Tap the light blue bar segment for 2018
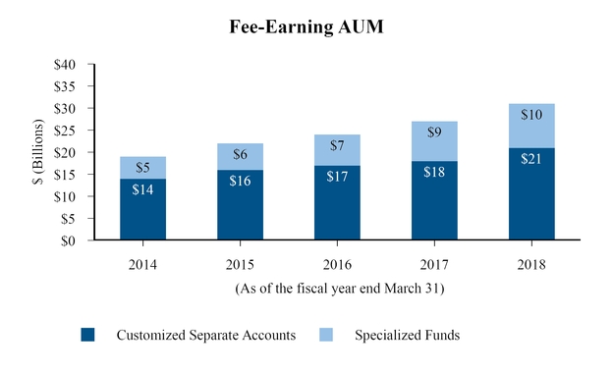tap(531, 126)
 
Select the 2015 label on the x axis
tap(240, 265)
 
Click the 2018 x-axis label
tap(531, 265)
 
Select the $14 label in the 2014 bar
tap(142, 189)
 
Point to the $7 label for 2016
tap(337, 145)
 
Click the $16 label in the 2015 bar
tap(240, 181)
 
